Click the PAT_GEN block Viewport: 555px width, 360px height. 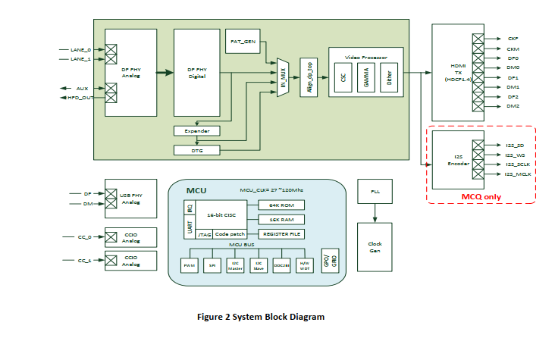(x=242, y=41)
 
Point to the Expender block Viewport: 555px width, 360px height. (x=196, y=130)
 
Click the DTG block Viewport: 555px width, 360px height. (x=196, y=150)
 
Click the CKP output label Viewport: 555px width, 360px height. (x=513, y=38)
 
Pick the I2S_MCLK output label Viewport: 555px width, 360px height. (x=519, y=174)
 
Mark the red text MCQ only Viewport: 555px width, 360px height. (x=481, y=197)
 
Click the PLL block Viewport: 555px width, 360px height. (x=375, y=193)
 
